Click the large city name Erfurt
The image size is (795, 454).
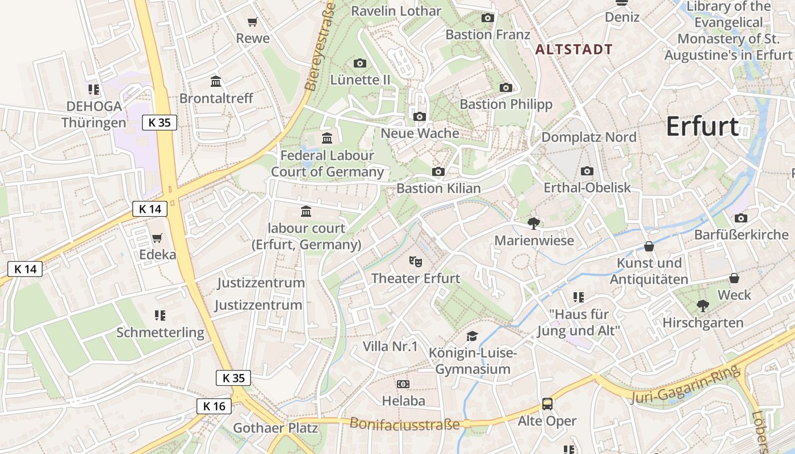point(702,126)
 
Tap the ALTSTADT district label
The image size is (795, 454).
point(574,49)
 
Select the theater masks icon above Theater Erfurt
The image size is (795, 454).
point(416,261)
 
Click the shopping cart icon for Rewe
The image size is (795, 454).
point(253,22)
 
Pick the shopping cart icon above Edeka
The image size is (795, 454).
point(157,238)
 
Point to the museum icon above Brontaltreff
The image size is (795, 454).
point(216,81)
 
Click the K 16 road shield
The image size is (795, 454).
point(214,406)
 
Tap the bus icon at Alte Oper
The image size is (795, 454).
point(547,404)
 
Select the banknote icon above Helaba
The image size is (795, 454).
point(403,384)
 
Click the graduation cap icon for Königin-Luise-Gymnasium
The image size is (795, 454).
point(472,336)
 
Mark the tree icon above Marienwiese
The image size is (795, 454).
point(533,224)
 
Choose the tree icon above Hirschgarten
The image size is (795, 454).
point(703,306)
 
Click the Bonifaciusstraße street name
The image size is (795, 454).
point(404,424)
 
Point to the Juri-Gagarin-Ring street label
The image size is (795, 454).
point(686,385)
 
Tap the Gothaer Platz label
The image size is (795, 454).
point(276,428)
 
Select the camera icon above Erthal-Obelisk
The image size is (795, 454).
point(587,171)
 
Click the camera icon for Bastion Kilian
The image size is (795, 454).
point(438,171)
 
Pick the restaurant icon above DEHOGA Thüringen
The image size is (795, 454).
point(94,89)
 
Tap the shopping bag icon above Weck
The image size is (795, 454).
point(734,278)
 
